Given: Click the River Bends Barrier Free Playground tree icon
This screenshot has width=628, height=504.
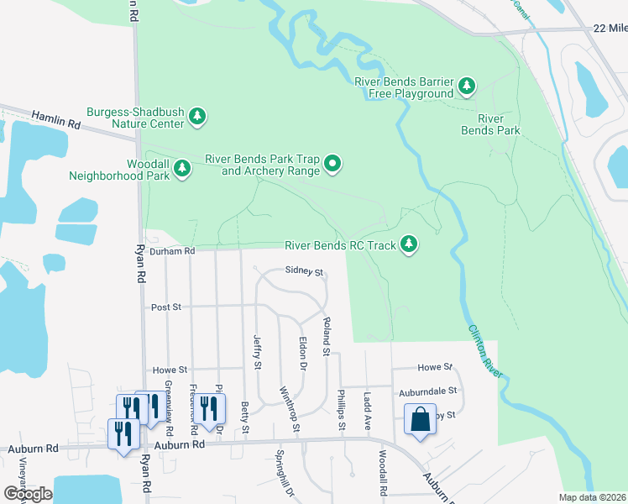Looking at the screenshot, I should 467,86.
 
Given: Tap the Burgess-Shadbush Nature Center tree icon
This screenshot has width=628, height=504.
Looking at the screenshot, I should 197,116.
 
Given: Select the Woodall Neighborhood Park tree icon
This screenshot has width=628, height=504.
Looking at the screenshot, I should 181,170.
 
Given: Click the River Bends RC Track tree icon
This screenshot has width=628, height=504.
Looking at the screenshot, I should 409,244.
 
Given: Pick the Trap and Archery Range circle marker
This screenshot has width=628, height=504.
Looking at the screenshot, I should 333,163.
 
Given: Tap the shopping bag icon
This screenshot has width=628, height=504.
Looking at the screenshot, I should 420,419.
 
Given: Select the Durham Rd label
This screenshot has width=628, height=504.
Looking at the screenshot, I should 172,250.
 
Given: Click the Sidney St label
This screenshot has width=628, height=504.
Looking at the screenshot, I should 304,270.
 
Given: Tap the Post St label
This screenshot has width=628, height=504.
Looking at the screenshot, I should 166,307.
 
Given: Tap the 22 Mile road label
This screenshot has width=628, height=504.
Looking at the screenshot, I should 609,28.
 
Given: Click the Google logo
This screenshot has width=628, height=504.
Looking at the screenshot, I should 28,494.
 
